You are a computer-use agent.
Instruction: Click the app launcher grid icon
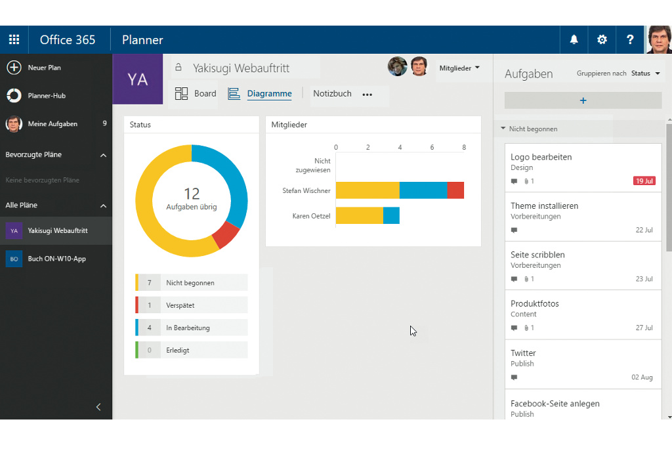click(x=14, y=39)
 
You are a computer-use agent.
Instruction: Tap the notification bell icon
click(x=574, y=39)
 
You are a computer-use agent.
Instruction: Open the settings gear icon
click(x=602, y=39)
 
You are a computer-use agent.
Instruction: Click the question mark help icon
click(x=630, y=39)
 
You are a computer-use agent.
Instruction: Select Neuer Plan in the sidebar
click(x=44, y=68)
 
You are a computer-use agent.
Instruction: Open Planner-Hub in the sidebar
click(x=46, y=96)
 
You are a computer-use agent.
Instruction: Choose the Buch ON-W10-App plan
click(x=56, y=259)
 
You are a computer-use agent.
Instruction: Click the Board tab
click(x=196, y=94)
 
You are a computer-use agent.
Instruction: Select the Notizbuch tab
click(x=332, y=94)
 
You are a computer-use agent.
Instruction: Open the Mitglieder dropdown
click(x=459, y=68)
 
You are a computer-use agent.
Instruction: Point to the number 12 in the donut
click(x=192, y=194)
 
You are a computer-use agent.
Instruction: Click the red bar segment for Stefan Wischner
click(x=455, y=190)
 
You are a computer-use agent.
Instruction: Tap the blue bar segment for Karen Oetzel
click(x=391, y=215)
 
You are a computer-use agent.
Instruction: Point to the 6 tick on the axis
click(x=432, y=148)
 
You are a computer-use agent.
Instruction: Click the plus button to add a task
click(x=583, y=100)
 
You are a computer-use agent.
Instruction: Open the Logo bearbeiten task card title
click(x=541, y=157)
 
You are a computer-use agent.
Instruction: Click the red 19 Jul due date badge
click(x=644, y=181)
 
